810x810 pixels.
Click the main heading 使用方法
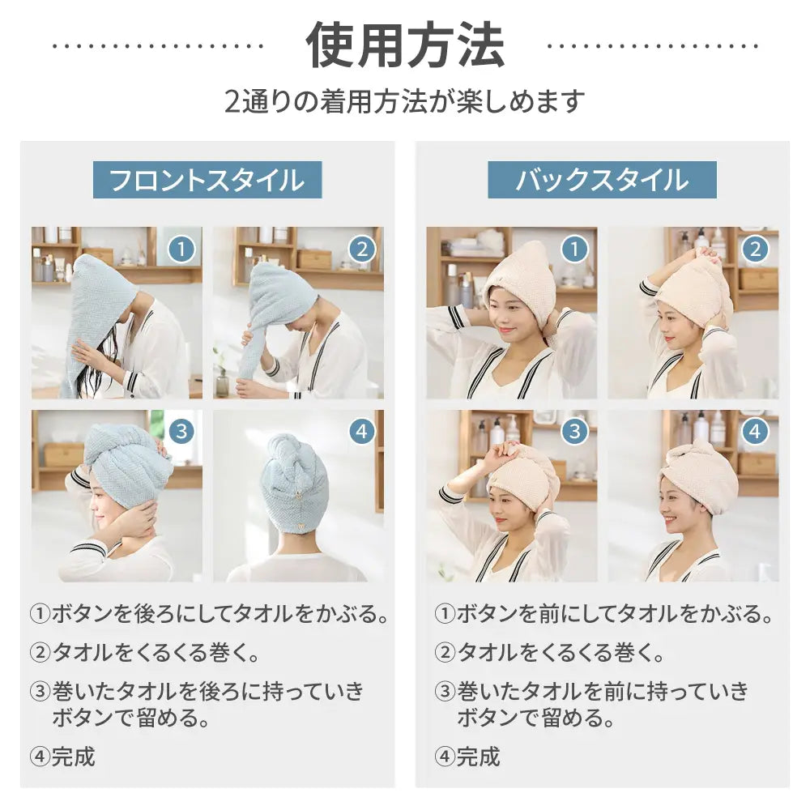[x=405, y=45]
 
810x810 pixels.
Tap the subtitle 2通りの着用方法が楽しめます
[x=405, y=100]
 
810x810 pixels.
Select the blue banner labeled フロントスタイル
[x=207, y=180]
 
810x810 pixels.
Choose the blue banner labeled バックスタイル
[x=602, y=180]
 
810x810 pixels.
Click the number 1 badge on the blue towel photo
[x=181, y=249]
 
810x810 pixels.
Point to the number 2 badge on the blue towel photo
[x=362, y=249]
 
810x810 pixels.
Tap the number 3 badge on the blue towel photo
[x=181, y=431]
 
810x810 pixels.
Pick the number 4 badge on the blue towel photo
[x=362, y=431]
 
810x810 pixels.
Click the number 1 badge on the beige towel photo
[x=574, y=249]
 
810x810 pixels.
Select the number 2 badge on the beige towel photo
[x=755, y=249]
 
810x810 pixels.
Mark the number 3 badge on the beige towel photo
[x=574, y=431]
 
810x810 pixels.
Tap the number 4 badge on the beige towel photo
[x=755, y=431]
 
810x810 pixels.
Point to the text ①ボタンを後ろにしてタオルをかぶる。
[x=209, y=614]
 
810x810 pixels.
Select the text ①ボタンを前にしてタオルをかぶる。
[x=604, y=614]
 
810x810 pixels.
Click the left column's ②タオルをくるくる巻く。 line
[x=145, y=653]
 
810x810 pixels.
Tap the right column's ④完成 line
[x=467, y=757]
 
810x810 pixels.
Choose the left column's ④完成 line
[x=62, y=757]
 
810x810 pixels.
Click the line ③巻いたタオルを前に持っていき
[x=592, y=691]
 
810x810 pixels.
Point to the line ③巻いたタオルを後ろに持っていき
[x=198, y=691]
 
